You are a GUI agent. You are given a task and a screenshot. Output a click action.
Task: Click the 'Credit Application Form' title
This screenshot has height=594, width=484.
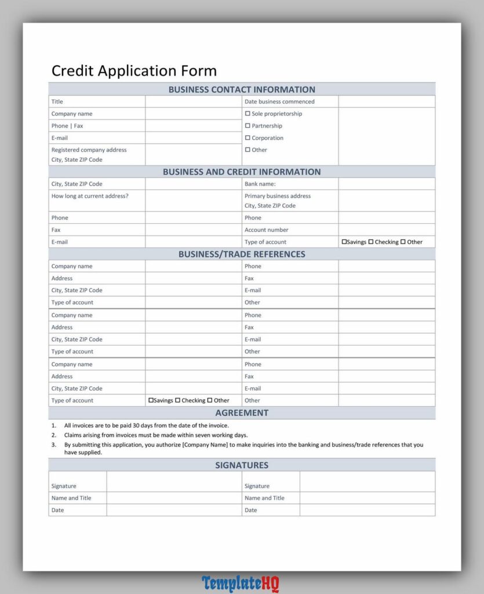(134, 71)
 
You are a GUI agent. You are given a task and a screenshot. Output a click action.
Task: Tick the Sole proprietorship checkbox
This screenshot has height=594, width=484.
(248, 114)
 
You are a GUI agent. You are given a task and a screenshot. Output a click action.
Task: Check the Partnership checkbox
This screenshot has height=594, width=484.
(248, 126)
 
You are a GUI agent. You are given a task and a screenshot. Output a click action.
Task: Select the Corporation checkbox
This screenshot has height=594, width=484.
(248, 138)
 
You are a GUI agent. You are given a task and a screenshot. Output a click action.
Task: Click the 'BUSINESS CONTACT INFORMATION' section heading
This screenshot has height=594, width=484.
(242, 89)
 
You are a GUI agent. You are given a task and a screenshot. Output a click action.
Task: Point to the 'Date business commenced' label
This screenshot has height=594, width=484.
(279, 102)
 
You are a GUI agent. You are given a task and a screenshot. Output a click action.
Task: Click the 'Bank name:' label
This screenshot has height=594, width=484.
(260, 184)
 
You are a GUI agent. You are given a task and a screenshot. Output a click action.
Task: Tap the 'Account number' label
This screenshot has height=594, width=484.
(266, 230)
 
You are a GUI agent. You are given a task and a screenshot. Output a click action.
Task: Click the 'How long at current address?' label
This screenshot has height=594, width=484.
(90, 196)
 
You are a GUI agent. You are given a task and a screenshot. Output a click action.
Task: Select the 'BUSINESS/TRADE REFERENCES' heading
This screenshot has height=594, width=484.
(242, 254)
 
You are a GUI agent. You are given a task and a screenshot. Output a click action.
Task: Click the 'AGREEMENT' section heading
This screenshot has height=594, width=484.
(242, 413)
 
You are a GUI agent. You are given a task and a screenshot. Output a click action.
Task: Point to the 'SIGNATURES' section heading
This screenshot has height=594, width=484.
(242, 465)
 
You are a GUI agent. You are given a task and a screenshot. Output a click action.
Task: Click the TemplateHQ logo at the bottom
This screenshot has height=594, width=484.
(241, 583)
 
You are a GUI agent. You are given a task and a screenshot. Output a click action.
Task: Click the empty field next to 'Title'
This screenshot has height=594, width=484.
(193, 102)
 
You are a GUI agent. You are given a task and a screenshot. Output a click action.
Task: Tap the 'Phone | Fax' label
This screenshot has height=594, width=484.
(67, 126)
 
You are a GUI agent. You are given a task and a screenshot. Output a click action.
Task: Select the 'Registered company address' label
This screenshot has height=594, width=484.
(89, 150)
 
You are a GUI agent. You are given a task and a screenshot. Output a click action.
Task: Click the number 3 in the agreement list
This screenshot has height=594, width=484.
(53, 445)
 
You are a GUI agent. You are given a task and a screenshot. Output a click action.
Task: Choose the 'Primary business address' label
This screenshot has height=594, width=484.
(277, 196)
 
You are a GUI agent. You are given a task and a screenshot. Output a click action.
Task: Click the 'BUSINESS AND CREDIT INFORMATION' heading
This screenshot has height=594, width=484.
(242, 172)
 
